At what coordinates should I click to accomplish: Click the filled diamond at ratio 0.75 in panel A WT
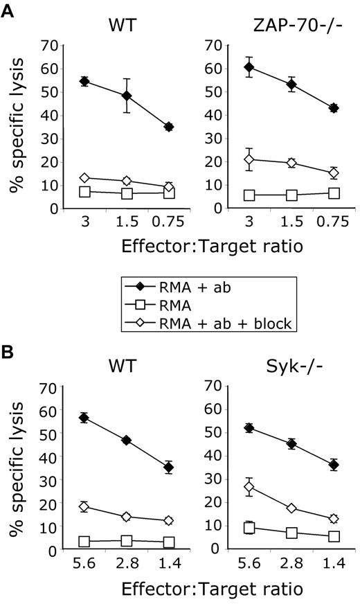[x=168, y=127]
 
